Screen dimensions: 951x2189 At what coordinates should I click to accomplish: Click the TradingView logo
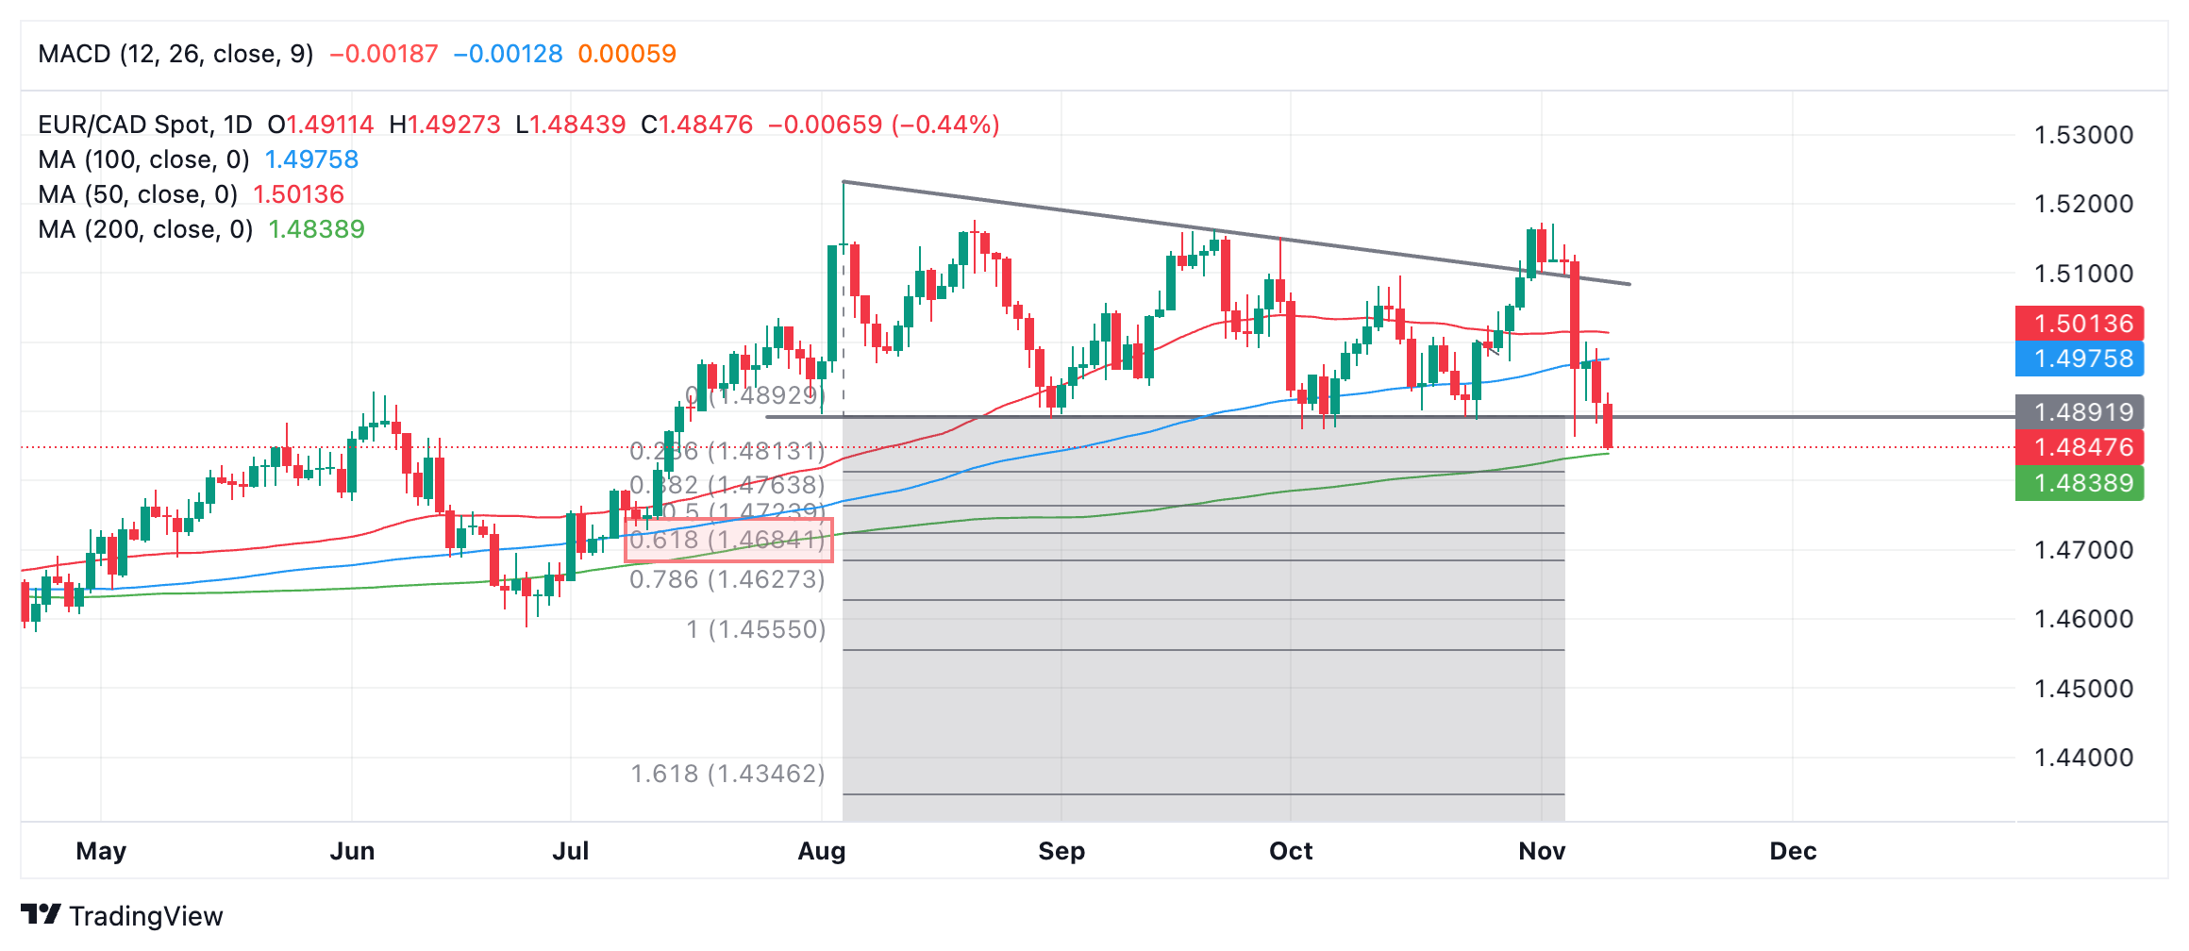[x=121, y=915]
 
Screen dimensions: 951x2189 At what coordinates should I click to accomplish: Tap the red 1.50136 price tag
[x=2080, y=324]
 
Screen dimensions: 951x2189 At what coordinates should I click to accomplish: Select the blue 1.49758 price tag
[x=2080, y=359]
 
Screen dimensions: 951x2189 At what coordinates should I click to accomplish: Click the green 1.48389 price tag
[x=2080, y=483]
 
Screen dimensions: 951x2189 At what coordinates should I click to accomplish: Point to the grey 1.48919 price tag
[x=2080, y=412]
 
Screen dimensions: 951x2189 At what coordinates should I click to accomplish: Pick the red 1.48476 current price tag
[x=2080, y=447]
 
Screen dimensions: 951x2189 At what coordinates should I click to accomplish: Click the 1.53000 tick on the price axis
[x=2083, y=135]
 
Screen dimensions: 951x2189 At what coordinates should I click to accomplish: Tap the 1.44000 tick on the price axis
[x=2083, y=758]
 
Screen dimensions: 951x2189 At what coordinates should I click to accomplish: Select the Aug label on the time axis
[x=822, y=851]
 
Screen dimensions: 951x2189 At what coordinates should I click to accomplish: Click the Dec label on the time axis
[x=1793, y=851]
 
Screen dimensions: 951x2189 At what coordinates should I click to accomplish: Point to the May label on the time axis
[x=101, y=851]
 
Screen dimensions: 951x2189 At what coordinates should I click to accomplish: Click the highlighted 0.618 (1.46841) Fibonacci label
[x=727, y=540]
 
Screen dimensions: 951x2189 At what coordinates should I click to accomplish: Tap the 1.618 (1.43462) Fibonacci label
[x=727, y=774]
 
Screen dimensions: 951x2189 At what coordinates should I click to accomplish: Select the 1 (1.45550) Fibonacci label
[x=756, y=629]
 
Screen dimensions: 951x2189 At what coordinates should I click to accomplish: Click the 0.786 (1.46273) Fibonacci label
[x=727, y=579]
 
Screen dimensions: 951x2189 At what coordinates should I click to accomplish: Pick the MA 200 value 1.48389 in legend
[x=316, y=229]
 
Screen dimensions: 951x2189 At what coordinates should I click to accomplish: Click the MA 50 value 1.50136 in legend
[x=298, y=194]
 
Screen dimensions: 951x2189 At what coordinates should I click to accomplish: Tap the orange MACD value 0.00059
[x=627, y=54]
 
